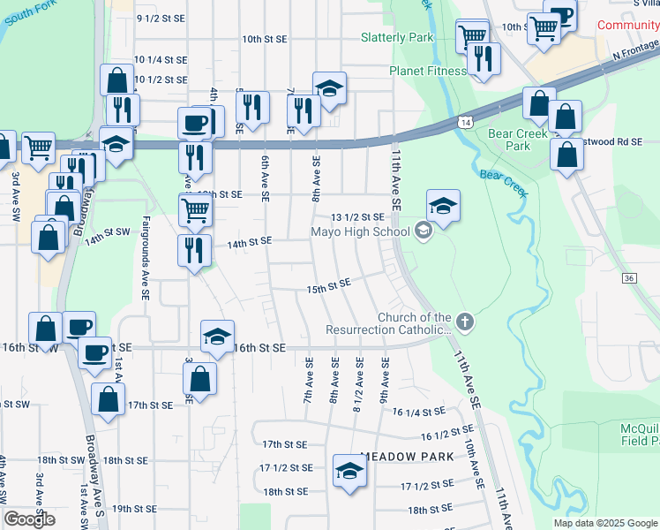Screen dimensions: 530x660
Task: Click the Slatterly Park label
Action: [x=397, y=38]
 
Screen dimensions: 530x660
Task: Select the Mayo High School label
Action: [x=360, y=232]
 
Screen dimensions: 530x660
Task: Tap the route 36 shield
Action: [x=628, y=278]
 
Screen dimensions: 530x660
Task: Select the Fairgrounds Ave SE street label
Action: [x=145, y=261]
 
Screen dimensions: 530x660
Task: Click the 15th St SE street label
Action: [x=328, y=284]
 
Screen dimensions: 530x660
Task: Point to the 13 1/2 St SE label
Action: [x=357, y=216]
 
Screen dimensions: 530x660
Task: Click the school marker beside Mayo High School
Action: [x=444, y=207]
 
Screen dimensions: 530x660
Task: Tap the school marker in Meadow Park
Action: [x=349, y=470]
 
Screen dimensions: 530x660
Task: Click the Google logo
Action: [x=29, y=519]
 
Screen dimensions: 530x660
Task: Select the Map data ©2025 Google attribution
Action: [x=605, y=523]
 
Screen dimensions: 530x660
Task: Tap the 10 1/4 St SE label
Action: [x=161, y=60]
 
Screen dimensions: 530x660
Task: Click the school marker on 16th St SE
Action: [x=217, y=336]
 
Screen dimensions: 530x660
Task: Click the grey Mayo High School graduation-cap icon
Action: [x=423, y=231]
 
